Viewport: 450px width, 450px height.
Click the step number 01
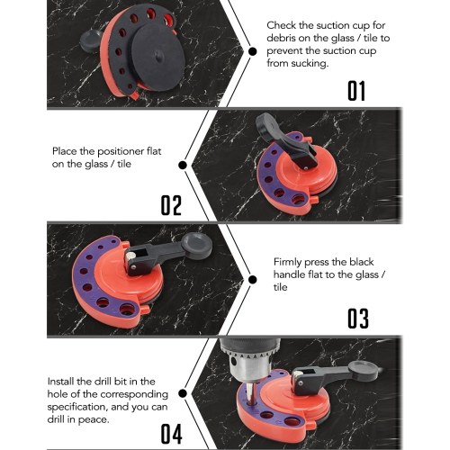coord(356,91)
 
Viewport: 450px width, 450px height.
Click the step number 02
coord(171,205)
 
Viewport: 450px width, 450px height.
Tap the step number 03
coord(358,319)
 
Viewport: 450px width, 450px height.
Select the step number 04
coord(171,434)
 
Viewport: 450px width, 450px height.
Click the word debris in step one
coord(282,38)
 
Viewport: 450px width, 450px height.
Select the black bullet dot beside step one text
coord(253,51)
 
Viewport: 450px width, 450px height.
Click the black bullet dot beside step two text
coord(183,166)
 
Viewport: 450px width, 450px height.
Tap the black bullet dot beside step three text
coord(253,280)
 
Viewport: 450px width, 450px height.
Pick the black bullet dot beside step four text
coord(183,393)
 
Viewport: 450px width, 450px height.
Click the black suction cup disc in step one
coord(158,57)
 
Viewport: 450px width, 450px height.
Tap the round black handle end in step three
coord(196,246)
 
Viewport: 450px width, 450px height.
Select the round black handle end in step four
coord(363,370)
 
